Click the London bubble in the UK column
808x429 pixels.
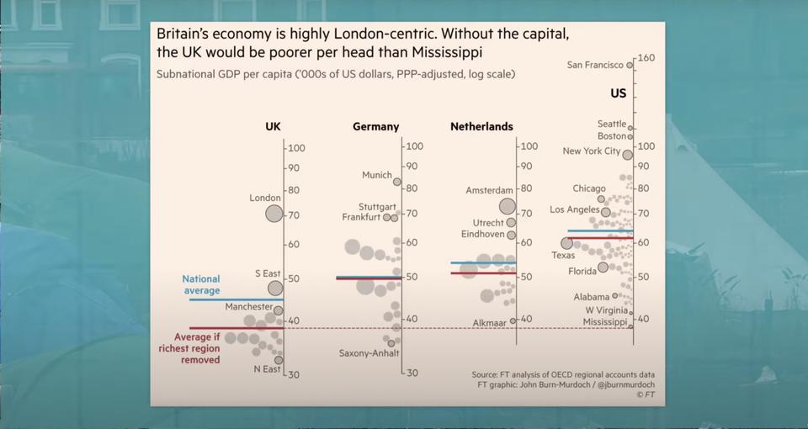coord(274,213)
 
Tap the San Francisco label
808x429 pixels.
coord(595,65)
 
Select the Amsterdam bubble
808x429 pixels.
coord(507,206)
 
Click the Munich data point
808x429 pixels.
coord(398,180)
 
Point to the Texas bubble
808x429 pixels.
coord(566,243)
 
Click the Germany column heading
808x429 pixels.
coord(375,127)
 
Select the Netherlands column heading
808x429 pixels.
coord(481,127)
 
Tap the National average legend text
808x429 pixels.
coord(201,284)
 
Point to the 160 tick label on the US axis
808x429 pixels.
coord(646,59)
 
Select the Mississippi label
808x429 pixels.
coord(605,322)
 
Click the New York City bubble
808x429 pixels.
coord(627,155)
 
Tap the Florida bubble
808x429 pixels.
coord(603,267)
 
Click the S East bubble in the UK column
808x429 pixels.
coord(275,288)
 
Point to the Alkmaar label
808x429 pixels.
coord(489,322)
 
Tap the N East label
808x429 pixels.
coord(267,369)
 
